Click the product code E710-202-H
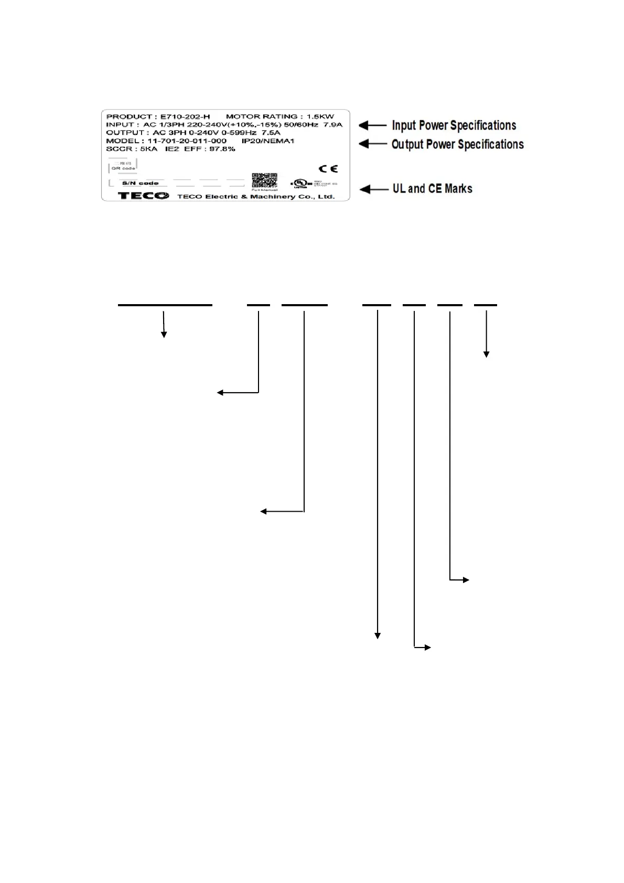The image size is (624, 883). tap(185, 116)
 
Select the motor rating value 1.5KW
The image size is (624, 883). tap(320, 116)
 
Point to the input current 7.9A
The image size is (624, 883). tap(332, 125)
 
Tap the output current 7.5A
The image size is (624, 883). tap(271, 133)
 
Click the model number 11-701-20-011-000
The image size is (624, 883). tap(187, 141)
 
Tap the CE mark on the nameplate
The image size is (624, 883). tap(328, 169)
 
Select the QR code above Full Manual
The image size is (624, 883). tap(264, 180)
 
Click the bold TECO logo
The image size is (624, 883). tap(144, 196)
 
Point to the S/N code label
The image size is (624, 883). tap(141, 184)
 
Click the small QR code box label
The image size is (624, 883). tap(123, 168)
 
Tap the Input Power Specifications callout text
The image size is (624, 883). tap(454, 126)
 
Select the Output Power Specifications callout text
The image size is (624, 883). tap(457, 144)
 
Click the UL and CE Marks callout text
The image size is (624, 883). tap(432, 189)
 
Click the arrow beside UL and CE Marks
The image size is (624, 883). tap(373, 189)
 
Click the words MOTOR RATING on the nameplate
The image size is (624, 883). tap(261, 116)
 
